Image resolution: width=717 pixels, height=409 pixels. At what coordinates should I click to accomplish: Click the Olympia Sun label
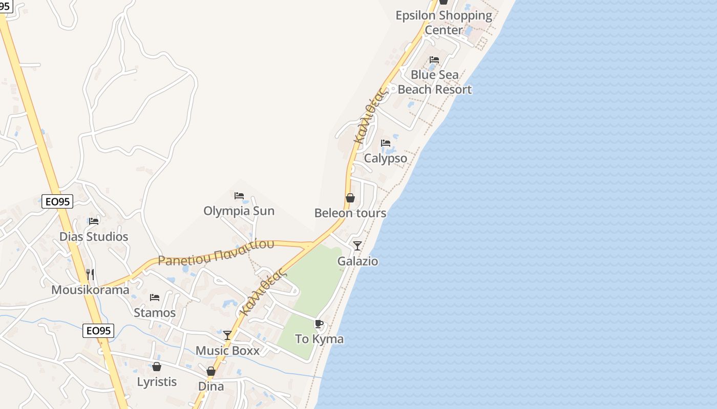[239, 211]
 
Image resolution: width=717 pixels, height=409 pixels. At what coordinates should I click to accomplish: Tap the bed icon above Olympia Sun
[239, 196]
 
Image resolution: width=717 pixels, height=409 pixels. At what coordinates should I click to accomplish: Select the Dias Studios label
[94, 237]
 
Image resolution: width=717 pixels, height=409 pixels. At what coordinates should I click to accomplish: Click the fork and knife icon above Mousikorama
[90, 275]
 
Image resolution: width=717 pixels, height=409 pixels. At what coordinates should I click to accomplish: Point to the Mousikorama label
[90, 290]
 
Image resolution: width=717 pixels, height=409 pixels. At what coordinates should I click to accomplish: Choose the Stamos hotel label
[155, 312]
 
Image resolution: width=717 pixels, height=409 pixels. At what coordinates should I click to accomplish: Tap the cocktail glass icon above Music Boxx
[227, 335]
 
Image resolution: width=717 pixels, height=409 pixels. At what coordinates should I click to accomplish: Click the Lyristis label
[157, 381]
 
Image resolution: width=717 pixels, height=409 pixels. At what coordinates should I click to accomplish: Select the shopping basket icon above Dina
[211, 371]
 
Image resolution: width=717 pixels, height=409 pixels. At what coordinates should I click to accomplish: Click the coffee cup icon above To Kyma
[319, 324]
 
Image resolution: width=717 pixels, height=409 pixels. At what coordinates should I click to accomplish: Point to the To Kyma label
[320, 339]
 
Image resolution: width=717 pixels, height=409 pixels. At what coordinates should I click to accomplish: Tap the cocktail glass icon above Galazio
[357, 246]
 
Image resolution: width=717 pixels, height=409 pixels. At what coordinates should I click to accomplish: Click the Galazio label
[357, 261]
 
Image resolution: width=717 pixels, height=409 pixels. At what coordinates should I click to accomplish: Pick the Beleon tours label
[350, 213]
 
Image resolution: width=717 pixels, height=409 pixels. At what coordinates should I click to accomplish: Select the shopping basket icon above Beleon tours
[350, 198]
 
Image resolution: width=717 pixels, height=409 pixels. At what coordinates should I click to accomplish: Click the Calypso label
[386, 158]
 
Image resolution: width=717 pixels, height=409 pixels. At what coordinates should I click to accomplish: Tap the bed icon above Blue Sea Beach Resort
[434, 60]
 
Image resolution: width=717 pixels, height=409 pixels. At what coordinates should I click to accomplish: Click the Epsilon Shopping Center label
[444, 22]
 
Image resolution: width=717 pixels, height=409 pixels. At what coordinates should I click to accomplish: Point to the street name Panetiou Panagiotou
[216, 252]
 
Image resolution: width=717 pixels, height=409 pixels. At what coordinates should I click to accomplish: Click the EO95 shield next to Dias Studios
[57, 201]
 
